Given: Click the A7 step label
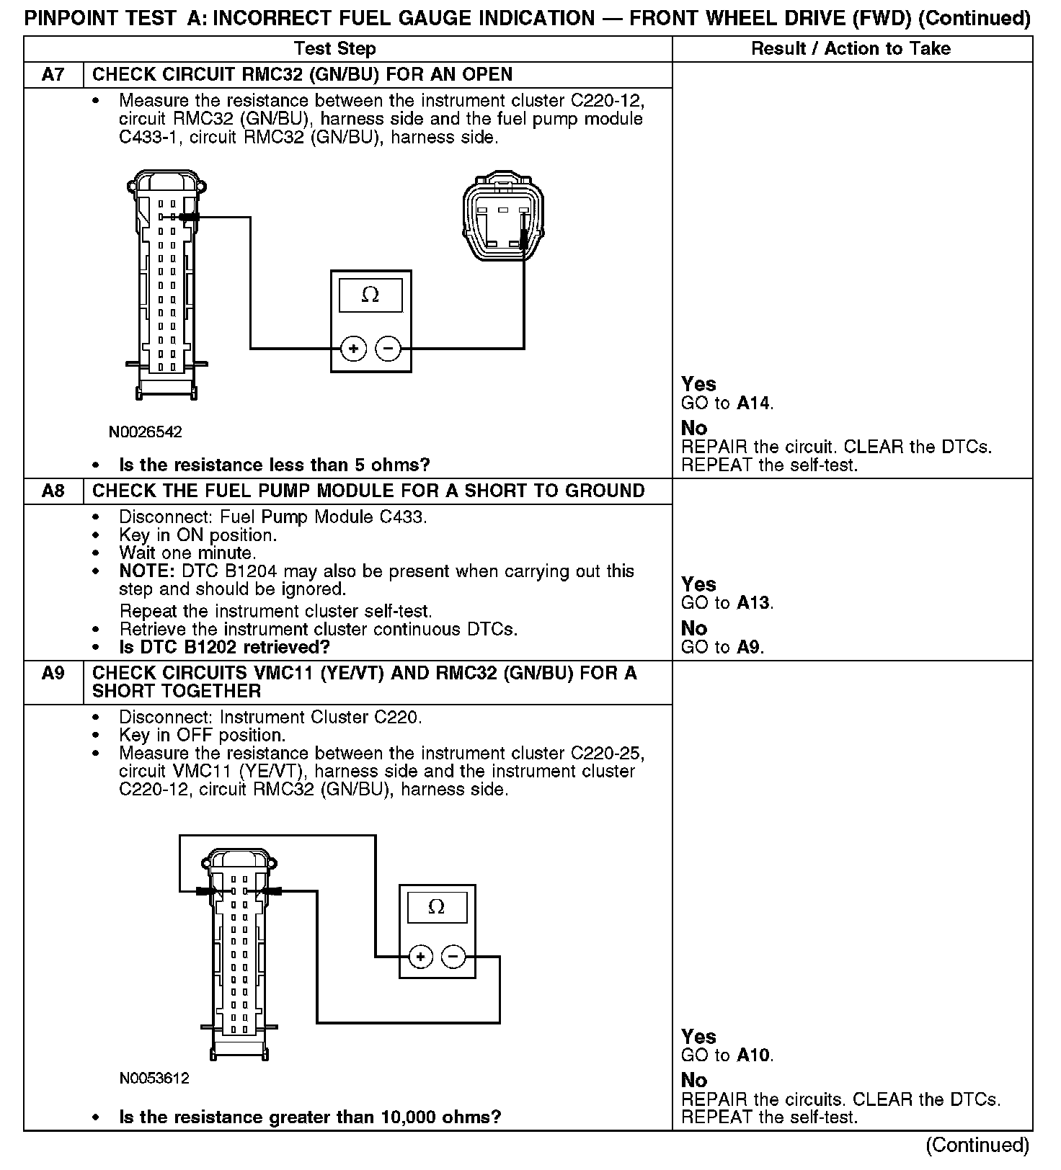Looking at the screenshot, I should (x=53, y=75).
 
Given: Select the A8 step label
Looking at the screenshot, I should (x=53, y=491).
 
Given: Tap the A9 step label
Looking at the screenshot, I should (x=53, y=674).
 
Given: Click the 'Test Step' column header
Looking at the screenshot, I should (x=335, y=49).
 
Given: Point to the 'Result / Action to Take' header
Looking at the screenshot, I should (x=851, y=49).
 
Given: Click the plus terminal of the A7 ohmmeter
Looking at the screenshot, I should (x=353, y=349).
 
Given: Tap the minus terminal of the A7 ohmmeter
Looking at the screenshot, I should (x=389, y=349).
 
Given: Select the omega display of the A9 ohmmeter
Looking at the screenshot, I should (x=437, y=906).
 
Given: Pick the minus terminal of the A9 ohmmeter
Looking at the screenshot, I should (x=453, y=957).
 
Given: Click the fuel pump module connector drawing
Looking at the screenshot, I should (x=504, y=215).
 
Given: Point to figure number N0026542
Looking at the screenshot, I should (x=146, y=432).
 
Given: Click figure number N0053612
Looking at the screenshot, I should (x=154, y=1079).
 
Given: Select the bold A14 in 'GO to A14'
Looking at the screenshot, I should (x=754, y=403).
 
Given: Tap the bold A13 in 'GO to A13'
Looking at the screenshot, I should (x=754, y=603).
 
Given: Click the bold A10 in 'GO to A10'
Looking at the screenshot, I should (x=754, y=1056).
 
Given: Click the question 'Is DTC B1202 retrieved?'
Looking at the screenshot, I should (x=224, y=647).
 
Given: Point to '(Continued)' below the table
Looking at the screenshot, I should (x=978, y=1146).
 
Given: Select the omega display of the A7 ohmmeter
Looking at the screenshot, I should (x=370, y=295).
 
